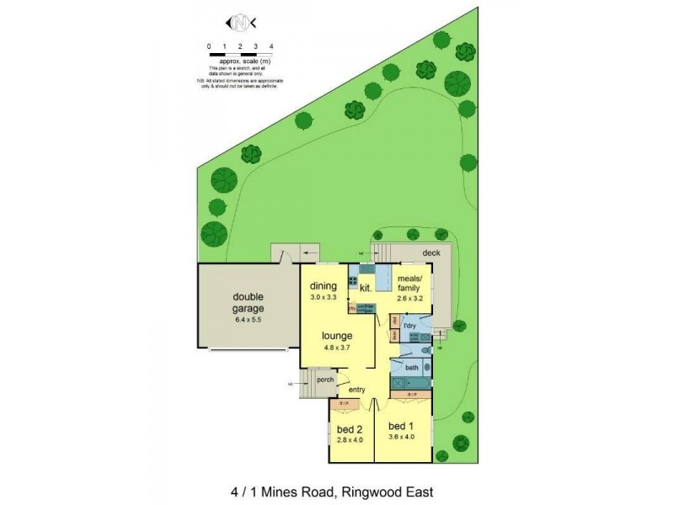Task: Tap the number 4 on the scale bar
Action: tap(270, 46)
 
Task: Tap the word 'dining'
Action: tap(324, 286)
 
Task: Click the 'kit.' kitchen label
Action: tap(366, 289)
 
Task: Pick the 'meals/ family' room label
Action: tap(414, 285)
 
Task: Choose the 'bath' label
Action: tap(411, 368)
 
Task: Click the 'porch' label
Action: tap(326, 379)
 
